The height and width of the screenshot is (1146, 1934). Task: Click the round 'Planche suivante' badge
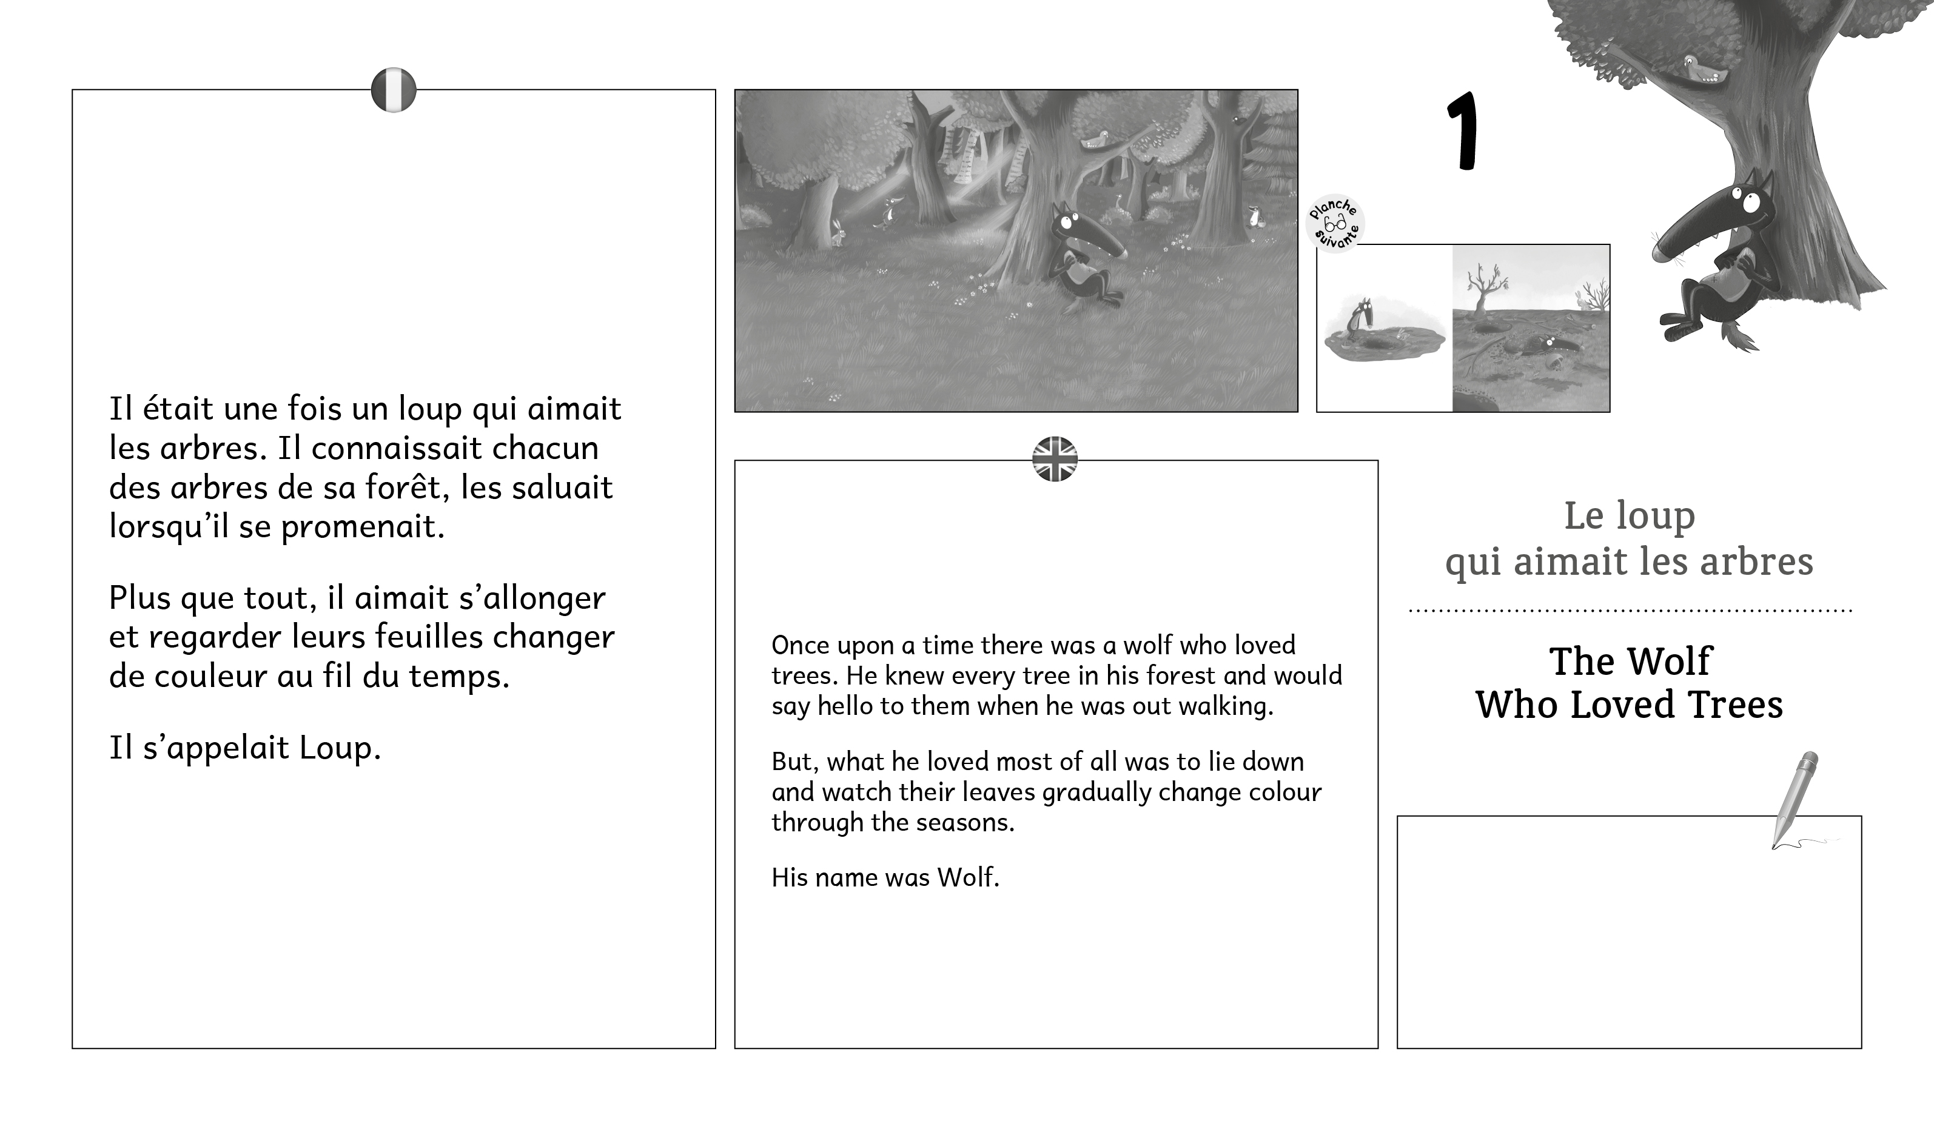[1335, 223]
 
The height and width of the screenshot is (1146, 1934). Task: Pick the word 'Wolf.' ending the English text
[968, 877]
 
